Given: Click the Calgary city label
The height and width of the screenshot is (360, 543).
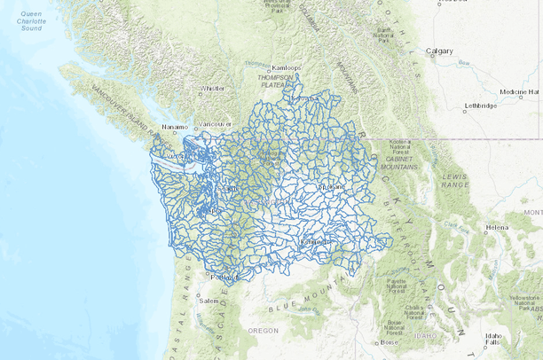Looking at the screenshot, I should pyautogui.click(x=441, y=51).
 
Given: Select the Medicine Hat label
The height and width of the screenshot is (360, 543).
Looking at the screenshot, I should pyautogui.click(x=519, y=91).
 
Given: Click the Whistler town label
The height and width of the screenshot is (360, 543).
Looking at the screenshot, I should pyautogui.click(x=213, y=89).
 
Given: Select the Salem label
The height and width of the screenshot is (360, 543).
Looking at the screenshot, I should pyautogui.click(x=209, y=301).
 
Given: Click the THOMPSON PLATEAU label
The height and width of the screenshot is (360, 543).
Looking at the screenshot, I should pyautogui.click(x=278, y=81).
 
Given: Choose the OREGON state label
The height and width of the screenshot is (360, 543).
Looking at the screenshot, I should pyautogui.click(x=263, y=330).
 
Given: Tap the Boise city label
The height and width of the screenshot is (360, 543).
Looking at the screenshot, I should pyautogui.click(x=390, y=342).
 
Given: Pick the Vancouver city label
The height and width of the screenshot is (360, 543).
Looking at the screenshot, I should pyautogui.click(x=216, y=124).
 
